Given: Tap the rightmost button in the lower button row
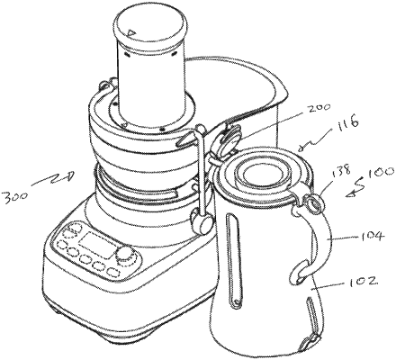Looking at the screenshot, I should tap(105, 267).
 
